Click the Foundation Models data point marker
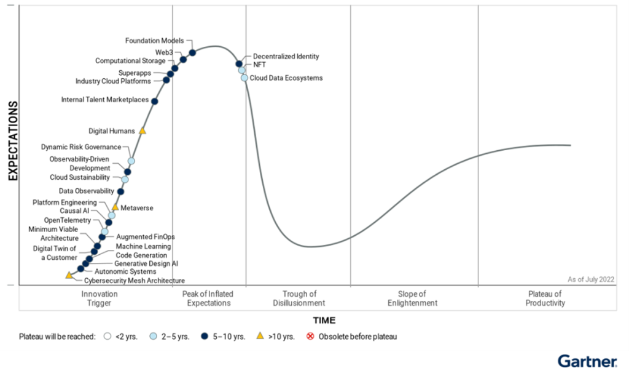[192, 52]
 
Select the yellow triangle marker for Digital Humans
[143, 130]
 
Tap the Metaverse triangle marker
[115, 207]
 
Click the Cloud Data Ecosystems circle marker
[244, 78]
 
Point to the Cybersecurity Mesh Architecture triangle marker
[69, 275]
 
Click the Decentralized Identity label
[286, 57]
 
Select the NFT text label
[259, 64]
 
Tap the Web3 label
[164, 52]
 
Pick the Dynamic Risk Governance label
[81, 147]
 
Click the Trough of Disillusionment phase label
[299, 299]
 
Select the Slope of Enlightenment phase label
[412, 299]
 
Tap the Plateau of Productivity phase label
[546, 299]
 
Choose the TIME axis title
[324, 320]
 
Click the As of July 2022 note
[591, 279]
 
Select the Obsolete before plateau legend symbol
[310, 337]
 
